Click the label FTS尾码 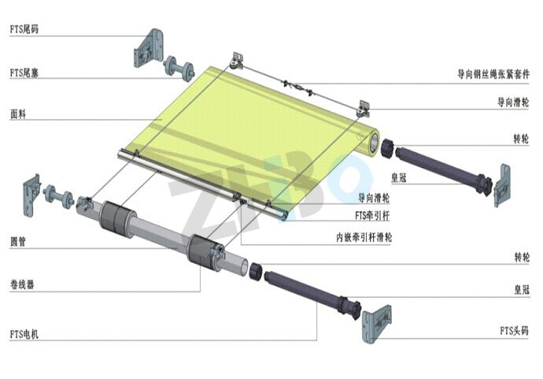pyautogui.click(x=24, y=29)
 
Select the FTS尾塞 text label pyautogui.click(x=24, y=72)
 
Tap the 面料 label pyautogui.click(x=18, y=114)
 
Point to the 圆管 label pyautogui.click(x=18, y=241)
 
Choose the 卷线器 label pyautogui.click(x=22, y=284)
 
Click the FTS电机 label pyautogui.click(x=24, y=334)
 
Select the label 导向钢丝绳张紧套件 pyautogui.click(x=493, y=74)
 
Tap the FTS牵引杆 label pyautogui.click(x=372, y=216)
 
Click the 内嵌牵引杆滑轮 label pyautogui.click(x=364, y=237)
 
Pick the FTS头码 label pyautogui.click(x=514, y=330)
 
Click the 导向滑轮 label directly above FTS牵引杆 pyautogui.click(x=374, y=198)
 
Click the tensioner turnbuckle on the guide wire pyautogui.click(x=298, y=87)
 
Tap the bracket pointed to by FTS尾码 pyautogui.click(x=148, y=48)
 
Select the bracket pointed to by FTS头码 pyautogui.click(x=376, y=324)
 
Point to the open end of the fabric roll pyautogui.click(x=374, y=142)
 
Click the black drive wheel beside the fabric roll pyautogui.click(x=388, y=148)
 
